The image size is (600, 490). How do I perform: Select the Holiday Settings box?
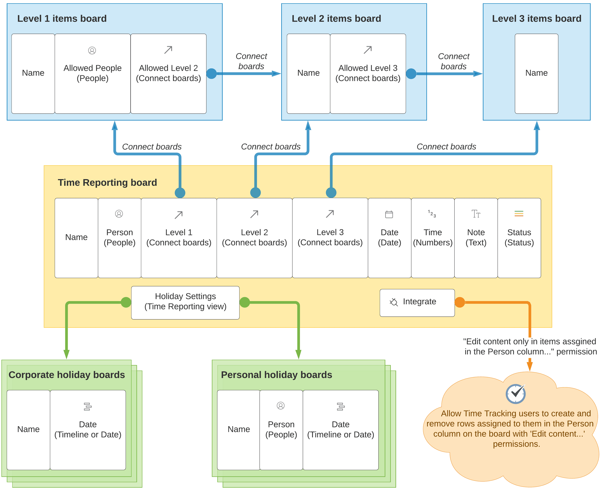coord(185,303)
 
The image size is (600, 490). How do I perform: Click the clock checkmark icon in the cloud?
coord(515,394)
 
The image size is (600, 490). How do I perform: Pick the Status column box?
coord(519,238)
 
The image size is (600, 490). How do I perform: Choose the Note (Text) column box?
coord(476,238)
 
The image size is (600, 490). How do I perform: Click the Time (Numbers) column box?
coord(433,238)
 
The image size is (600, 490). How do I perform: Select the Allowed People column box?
coord(93,74)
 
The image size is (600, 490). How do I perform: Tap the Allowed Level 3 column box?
coord(368,74)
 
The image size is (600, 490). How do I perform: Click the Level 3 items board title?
coord(536,19)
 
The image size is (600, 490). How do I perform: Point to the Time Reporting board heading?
coord(107,183)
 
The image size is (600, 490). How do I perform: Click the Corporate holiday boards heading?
coord(67,375)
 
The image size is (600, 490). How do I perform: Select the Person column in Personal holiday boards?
coord(281,430)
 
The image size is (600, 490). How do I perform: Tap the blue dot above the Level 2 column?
coord(255,193)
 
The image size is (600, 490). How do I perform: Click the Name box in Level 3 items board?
coord(536,74)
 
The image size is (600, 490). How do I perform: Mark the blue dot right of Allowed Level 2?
coord(212,74)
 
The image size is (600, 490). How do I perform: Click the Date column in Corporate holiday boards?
coord(88,430)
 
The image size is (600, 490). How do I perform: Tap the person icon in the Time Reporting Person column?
coord(119,214)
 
